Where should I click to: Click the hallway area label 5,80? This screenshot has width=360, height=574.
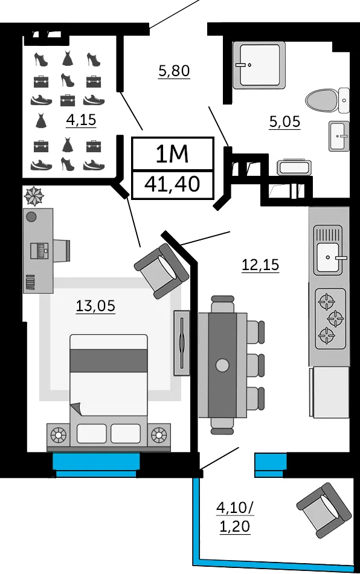174,70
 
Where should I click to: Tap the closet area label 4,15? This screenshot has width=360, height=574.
81,120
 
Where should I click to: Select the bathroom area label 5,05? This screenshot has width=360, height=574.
284,121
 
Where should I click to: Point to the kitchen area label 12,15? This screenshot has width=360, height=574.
260,264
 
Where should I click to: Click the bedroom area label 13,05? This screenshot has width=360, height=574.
95,305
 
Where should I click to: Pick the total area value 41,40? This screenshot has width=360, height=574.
172,184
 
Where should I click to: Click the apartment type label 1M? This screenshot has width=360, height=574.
172,153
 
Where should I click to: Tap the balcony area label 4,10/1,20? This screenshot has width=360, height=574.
235,517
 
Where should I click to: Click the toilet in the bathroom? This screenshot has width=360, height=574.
327,100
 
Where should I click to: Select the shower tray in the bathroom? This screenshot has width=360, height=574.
259,65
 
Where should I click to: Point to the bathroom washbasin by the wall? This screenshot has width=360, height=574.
339,136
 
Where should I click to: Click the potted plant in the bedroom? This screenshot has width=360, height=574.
34,196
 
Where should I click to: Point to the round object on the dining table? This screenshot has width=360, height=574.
222,364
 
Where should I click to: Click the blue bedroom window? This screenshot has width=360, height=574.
96,465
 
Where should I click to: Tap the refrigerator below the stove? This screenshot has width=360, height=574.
330,392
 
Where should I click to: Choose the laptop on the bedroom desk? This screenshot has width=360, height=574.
39,251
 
